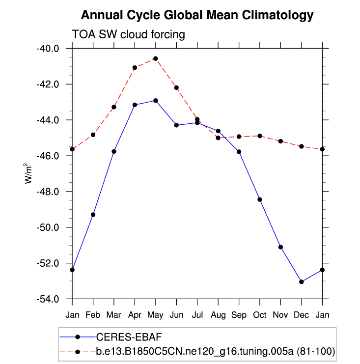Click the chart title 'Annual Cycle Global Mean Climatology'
(196, 15)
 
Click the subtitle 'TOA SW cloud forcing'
(128, 35)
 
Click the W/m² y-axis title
(28, 174)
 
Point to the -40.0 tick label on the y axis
(48, 49)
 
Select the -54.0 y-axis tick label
(48, 299)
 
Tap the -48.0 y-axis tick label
(48, 192)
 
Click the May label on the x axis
(155, 312)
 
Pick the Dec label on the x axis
(301, 312)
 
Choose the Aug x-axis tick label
(218, 312)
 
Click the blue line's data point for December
(301, 281)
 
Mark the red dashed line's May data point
(155, 58)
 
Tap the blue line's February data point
(93, 215)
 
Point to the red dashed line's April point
(135, 67)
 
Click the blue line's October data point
(260, 199)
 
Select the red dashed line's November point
(280, 141)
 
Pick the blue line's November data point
(280, 247)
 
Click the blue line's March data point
(114, 151)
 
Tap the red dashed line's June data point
(176, 87)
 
